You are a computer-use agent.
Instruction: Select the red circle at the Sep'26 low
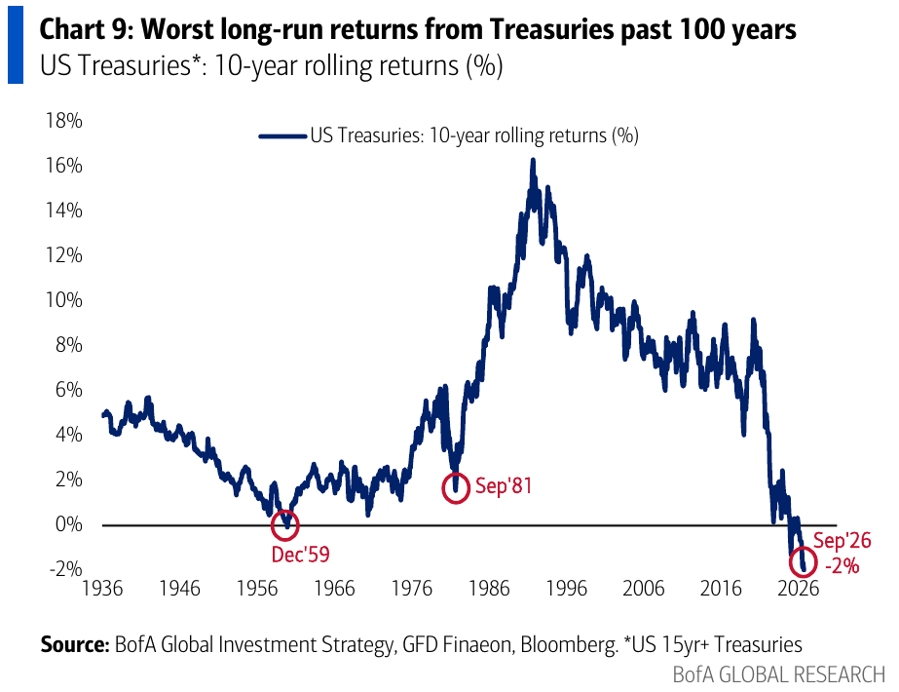791,563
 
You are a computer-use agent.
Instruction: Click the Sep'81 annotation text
504,486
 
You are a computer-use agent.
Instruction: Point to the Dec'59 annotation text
300,555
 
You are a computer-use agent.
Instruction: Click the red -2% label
843,566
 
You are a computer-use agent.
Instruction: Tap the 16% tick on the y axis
64,166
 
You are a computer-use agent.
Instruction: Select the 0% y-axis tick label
69,524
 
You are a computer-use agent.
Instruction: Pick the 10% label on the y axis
64,300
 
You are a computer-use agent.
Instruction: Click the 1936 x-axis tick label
102,589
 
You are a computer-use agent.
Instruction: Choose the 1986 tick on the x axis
489,589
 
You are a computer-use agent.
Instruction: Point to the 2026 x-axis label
798,589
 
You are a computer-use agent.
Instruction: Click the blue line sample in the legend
282,136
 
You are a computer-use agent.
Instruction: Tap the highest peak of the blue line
533,161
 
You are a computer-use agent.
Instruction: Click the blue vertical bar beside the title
16,44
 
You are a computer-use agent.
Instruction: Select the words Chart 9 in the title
86,29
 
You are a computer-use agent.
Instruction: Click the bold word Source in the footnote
75,644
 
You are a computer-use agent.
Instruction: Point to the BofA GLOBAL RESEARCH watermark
779,674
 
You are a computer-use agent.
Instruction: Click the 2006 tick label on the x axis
643,589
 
